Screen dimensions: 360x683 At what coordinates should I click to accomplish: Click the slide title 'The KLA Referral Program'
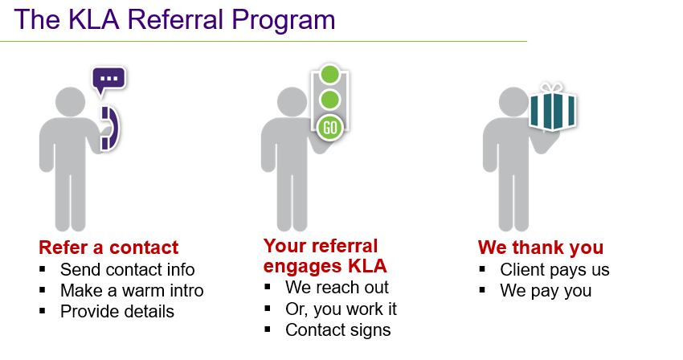click(x=174, y=19)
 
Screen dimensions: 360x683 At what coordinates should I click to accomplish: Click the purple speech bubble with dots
click(x=108, y=80)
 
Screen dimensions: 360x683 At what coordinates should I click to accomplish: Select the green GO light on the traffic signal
click(x=329, y=126)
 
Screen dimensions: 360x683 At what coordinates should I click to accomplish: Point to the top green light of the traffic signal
click(x=329, y=75)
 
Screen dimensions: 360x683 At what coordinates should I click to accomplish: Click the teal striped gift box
click(x=552, y=112)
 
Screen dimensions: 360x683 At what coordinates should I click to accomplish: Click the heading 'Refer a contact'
click(x=108, y=247)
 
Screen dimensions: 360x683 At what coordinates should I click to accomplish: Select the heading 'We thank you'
click(x=540, y=247)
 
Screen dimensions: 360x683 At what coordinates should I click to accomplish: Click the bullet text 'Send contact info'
click(x=127, y=269)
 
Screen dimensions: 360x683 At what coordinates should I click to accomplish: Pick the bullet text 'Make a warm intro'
click(x=132, y=290)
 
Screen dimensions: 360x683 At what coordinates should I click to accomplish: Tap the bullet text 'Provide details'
click(x=117, y=311)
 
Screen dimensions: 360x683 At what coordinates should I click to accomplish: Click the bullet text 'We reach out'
click(x=337, y=288)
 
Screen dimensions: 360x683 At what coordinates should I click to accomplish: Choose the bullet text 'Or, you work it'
click(x=341, y=309)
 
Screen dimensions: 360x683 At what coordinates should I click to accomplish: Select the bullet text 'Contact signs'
click(x=337, y=329)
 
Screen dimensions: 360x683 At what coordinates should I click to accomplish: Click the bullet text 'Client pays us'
click(x=554, y=270)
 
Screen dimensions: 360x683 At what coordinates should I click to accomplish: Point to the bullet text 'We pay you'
click(x=546, y=291)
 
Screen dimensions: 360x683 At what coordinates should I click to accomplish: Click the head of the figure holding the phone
click(x=74, y=104)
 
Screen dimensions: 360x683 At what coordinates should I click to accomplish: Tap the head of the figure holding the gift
click(x=514, y=104)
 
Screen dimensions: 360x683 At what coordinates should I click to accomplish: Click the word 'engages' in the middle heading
click(x=299, y=266)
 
